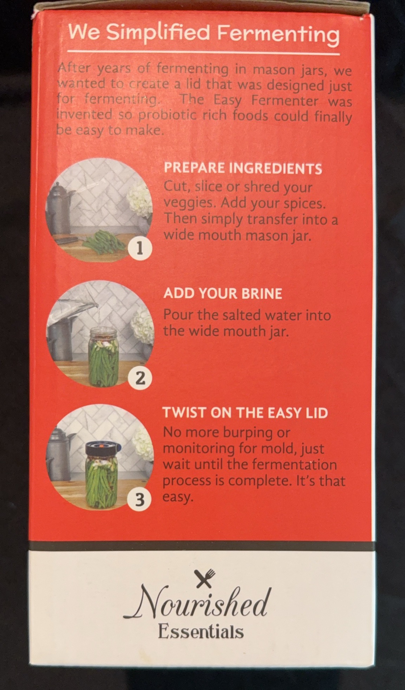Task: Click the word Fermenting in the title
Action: click(x=278, y=34)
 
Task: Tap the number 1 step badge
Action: click(x=140, y=249)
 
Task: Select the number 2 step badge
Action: click(x=140, y=378)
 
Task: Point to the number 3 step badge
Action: click(x=140, y=499)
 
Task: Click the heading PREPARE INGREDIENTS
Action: click(x=243, y=168)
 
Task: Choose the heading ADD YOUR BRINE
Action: click(x=223, y=294)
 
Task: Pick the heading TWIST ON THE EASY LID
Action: click(x=245, y=413)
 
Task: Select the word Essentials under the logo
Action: click(x=201, y=632)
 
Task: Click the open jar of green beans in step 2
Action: click(x=104, y=356)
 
